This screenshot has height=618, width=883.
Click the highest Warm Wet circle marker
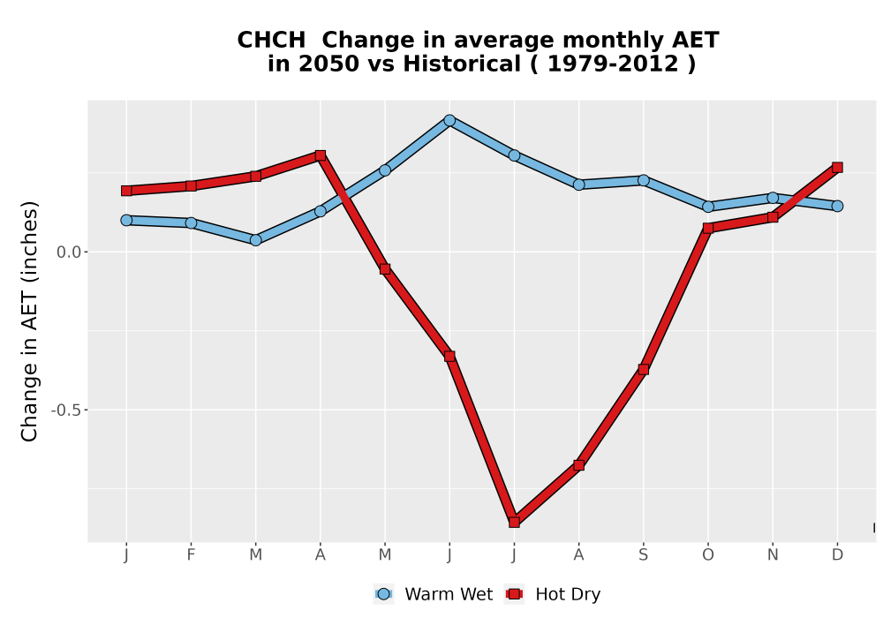[x=449, y=120]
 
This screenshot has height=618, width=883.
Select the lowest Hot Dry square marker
[x=514, y=522]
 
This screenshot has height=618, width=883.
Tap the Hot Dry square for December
[x=837, y=167]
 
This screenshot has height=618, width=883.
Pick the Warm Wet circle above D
[x=837, y=206]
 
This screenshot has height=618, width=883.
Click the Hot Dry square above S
[x=643, y=369]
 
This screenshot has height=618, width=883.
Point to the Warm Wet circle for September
[x=643, y=180]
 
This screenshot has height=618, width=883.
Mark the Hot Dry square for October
[x=708, y=228]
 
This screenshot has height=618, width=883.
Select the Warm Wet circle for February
[x=191, y=222]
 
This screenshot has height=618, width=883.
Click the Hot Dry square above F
[x=191, y=185]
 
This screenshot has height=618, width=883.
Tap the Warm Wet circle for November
[x=773, y=198]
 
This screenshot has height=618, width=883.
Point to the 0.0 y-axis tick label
[x=69, y=252]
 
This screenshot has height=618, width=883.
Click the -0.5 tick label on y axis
[x=66, y=411]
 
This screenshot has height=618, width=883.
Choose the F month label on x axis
[x=191, y=555]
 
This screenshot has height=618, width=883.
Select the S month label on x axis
[x=643, y=555]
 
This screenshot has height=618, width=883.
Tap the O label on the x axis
[x=708, y=555]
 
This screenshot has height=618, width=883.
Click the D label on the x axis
[x=837, y=555]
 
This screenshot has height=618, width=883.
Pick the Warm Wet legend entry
[x=433, y=594]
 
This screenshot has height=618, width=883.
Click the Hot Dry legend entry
[x=553, y=594]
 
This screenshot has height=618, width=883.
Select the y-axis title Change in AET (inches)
[x=29, y=321]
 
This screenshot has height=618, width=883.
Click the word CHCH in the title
[x=271, y=40]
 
